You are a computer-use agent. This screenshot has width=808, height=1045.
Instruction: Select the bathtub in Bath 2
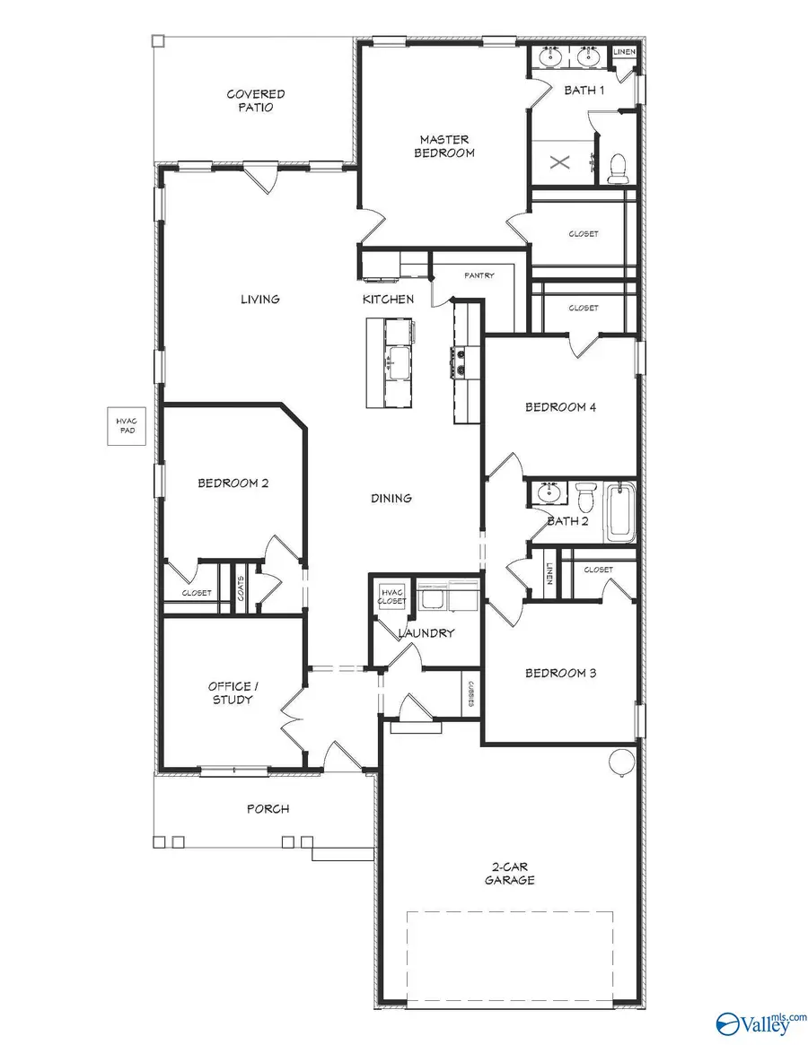[x=620, y=513]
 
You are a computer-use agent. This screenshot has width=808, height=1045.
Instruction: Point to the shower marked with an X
[x=559, y=162]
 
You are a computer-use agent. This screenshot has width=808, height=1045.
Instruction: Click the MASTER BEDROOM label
[x=444, y=146]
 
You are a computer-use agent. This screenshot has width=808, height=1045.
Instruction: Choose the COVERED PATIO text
[x=256, y=100]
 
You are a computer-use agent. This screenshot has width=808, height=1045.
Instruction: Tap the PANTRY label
[x=479, y=275]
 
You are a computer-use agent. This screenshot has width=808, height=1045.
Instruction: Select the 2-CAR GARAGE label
[x=513, y=873]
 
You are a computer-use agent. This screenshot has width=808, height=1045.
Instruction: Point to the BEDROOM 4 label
[x=560, y=406]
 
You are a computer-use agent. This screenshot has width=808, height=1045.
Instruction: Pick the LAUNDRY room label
[x=426, y=632]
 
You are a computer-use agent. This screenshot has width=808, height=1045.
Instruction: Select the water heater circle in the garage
[x=621, y=762]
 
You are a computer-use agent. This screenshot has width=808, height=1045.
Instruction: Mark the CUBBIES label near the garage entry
[x=470, y=693]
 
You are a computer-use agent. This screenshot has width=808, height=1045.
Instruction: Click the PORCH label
[x=268, y=808]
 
